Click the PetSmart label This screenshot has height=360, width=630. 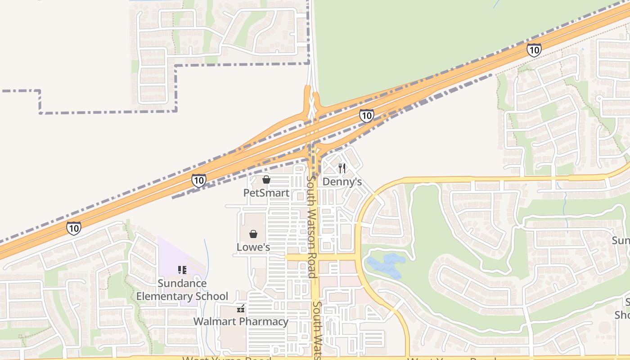click(x=266, y=193)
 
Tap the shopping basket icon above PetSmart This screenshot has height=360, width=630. click(x=266, y=180)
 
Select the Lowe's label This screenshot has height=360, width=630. click(x=253, y=247)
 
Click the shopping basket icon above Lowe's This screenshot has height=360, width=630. click(x=253, y=234)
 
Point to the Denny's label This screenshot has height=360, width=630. click(x=342, y=182)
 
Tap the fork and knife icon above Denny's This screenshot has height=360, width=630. click(x=342, y=168)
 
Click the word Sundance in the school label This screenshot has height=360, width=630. click(x=182, y=283)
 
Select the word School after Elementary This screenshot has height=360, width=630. click(x=211, y=296)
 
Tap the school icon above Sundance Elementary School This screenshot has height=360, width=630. click(x=182, y=270)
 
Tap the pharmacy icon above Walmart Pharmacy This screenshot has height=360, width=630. click(x=241, y=309)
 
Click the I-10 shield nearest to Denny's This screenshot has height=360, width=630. click(x=366, y=116)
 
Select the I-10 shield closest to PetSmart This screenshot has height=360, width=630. click(x=198, y=180)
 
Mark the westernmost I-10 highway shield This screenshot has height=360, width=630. click(x=74, y=228)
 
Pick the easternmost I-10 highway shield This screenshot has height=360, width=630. click(x=534, y=49)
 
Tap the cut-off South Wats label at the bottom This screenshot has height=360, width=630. click(x=317, y=331)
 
